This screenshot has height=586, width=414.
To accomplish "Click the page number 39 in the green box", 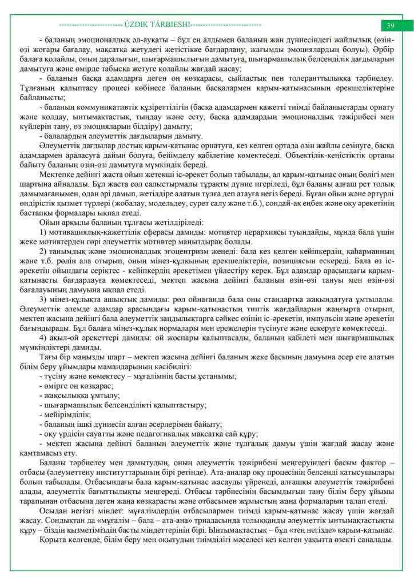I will (391, 25).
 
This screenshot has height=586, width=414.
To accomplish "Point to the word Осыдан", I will (53, 510).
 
